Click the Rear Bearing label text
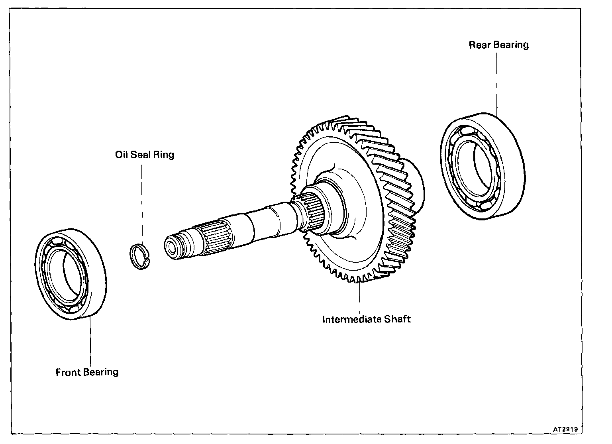[498, 45]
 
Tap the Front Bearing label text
[87, 372]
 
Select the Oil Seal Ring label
[145, 155]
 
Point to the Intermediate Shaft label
[366, 319]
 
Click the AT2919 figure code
[565, 429]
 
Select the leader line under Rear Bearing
[497, 84]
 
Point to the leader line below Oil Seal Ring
[142, 199]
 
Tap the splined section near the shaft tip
[215, 237]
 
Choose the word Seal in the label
[139, 155]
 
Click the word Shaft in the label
[398, 319]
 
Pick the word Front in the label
[68, 372]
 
